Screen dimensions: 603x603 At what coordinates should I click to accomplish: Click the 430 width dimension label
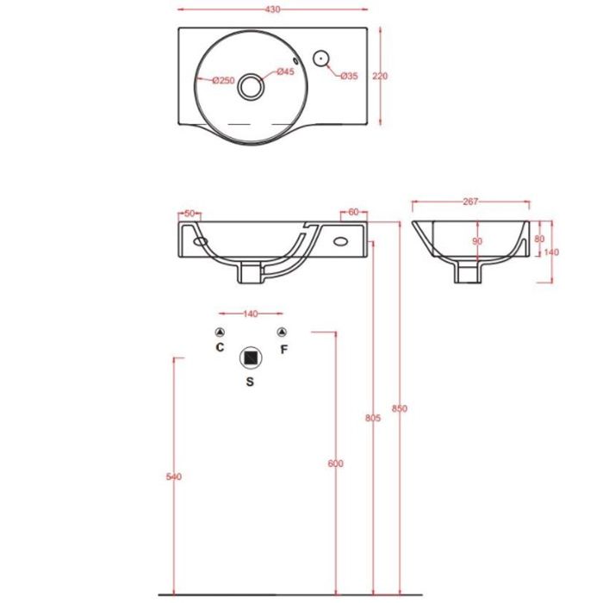click(x=272, y=9)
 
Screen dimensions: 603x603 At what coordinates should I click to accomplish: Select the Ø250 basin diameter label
click(x=223, y=80)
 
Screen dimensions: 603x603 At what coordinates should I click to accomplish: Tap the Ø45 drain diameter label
click(x=285, y=71)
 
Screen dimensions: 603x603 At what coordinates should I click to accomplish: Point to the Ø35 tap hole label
click(x=349, y=76)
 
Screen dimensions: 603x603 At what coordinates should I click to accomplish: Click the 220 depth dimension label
click(x=380, y=76)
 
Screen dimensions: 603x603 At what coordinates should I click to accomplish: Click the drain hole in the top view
click(x=251, y=86)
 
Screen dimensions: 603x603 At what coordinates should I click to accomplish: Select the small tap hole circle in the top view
click(x=320, y=59)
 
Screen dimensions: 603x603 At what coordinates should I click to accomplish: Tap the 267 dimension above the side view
click(x=470, y=202)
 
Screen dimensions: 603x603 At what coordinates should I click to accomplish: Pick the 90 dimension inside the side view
click(x=477, y=241)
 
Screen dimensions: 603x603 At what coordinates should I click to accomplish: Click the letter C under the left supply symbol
click(x=220, y=347)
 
